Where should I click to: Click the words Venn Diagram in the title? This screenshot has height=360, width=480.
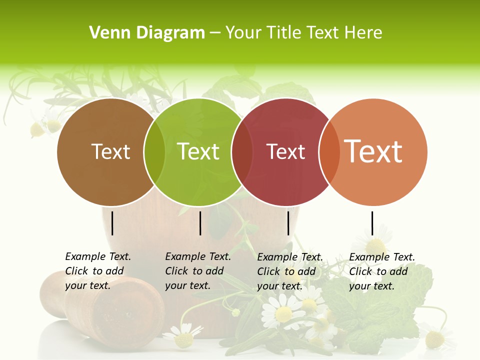tap(147, 33)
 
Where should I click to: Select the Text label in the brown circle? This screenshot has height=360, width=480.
tap(111, 151)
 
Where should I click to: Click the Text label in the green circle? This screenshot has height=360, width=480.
tap(198, 151)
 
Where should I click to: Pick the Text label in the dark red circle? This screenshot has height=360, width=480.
tap(286, 152)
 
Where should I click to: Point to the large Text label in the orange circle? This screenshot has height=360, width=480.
tap(373, 151)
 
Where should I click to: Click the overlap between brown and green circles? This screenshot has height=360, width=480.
tap(154, 152)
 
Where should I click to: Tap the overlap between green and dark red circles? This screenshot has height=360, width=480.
tap(242, 152)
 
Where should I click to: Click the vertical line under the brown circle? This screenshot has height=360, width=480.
tap(112, 223)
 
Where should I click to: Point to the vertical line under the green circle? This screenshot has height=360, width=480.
tap(200, 223)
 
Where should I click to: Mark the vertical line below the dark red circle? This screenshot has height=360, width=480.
tap(288, 223)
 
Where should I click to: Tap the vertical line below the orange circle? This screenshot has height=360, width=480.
tap(372, 223)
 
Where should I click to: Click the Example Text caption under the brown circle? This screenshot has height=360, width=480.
tap(98, 271)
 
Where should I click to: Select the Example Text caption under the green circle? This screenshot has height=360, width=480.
tap(198, 271)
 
